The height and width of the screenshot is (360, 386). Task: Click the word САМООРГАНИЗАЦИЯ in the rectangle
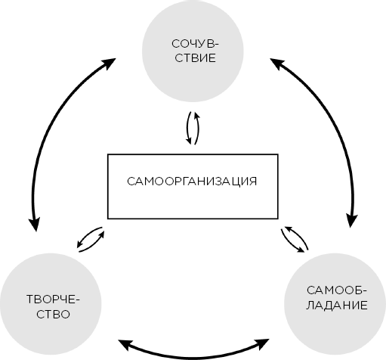point(192,182)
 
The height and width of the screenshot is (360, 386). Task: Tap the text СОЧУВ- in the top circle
point(195,44)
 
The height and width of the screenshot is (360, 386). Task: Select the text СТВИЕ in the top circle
point(196,58)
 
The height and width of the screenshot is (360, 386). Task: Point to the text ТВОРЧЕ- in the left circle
point(53,299)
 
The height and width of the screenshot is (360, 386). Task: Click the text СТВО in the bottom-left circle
point(53,314)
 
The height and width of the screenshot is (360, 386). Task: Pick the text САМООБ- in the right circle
point(337,290)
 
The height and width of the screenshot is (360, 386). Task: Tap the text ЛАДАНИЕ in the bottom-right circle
point(337,305)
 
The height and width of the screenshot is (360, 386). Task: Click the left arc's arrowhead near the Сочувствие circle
point(109,64)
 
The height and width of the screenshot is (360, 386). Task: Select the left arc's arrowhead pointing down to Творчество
point(35,223)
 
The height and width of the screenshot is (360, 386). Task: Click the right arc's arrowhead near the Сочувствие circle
point(277,64)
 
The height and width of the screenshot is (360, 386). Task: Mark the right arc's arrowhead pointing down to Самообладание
point(351,220)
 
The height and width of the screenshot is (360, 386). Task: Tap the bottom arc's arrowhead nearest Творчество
point(125,344)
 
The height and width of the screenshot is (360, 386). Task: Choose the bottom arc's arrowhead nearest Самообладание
point(262,344)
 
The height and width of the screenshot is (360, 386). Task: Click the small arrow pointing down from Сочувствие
point(188,128)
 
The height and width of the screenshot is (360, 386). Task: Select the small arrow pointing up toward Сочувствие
point(197,128)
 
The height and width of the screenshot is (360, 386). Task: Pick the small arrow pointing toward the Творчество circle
point(88,235)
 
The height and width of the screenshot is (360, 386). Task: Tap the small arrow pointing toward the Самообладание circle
point(292,241)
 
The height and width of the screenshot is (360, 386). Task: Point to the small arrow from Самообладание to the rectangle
point(297,237)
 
